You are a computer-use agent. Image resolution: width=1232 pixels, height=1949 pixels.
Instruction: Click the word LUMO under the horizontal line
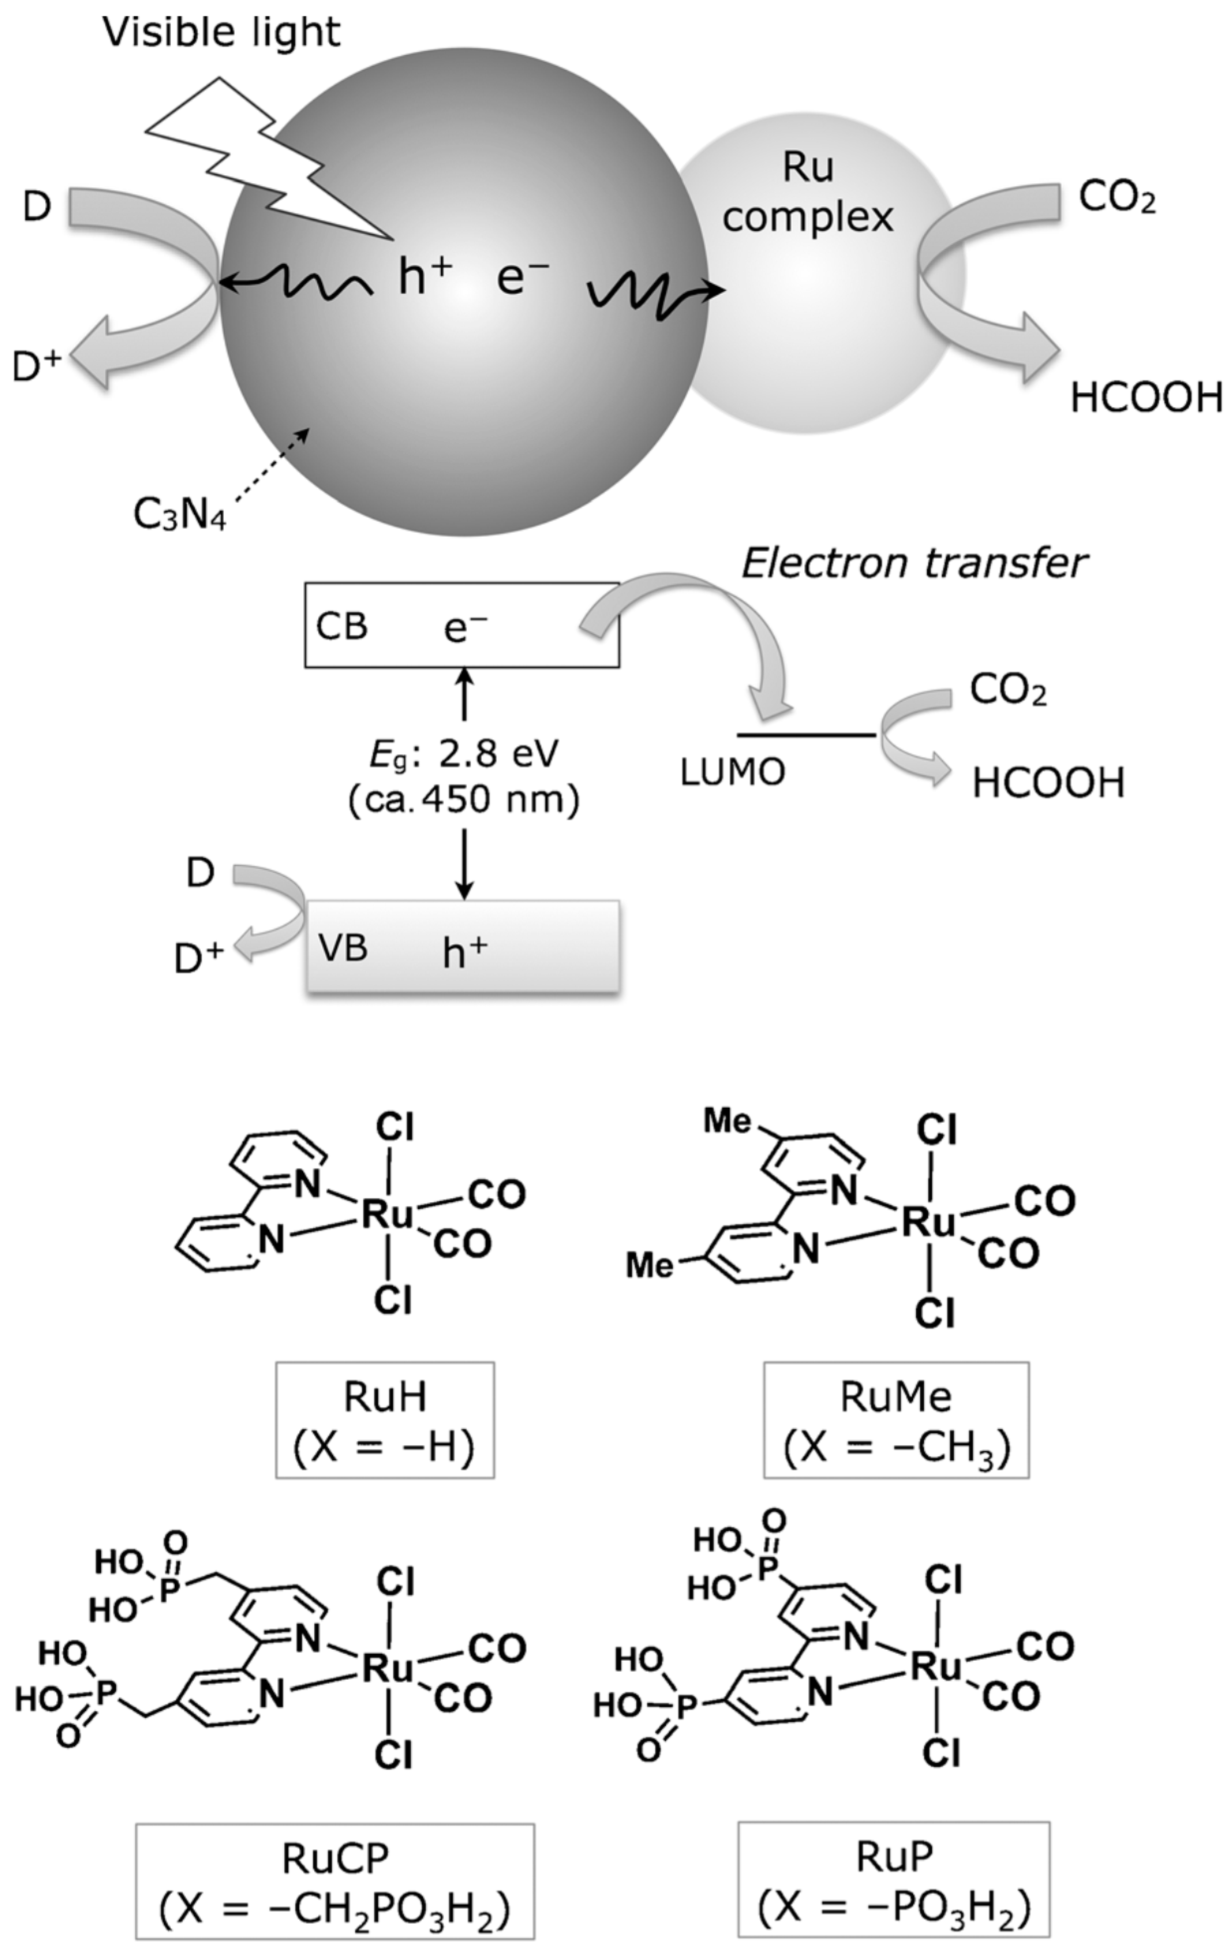tap(733, 774)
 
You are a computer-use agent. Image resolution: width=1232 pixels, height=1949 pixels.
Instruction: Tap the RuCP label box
tap(335, 1880)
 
